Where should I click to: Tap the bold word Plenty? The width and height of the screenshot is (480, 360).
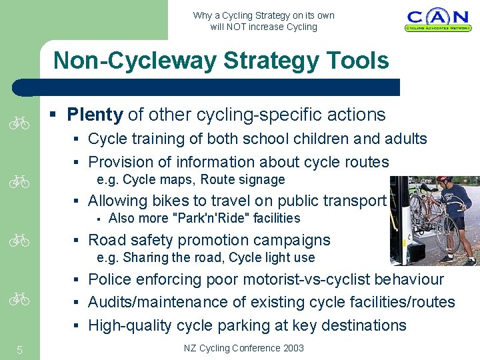click(95, 115)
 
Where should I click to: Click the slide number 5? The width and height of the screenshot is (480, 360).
click(20, 349)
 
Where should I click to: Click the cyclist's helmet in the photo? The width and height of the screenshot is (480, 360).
click(445, 180)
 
